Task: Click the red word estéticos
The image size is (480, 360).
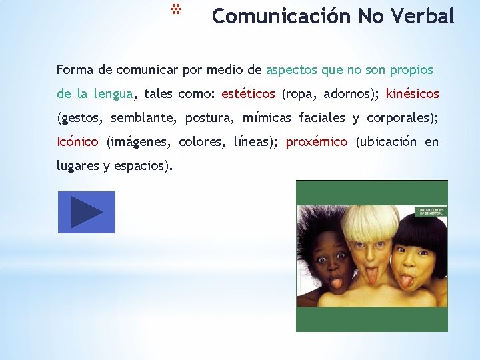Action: click(x=248, y=94)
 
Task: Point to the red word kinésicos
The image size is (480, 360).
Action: click(x=412, y=94)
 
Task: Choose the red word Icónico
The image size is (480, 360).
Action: click(x=77, y=142)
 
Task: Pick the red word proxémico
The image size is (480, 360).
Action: click(x=317, y=142)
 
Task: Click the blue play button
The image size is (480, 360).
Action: click(x=87, y=213)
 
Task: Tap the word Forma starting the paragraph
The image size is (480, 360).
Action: click(x=73, y=70)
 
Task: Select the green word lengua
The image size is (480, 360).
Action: click(x=113, y=94)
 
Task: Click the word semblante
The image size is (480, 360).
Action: click(x=143, y=118)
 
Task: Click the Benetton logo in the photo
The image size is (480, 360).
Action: click(x=431, y=213)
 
